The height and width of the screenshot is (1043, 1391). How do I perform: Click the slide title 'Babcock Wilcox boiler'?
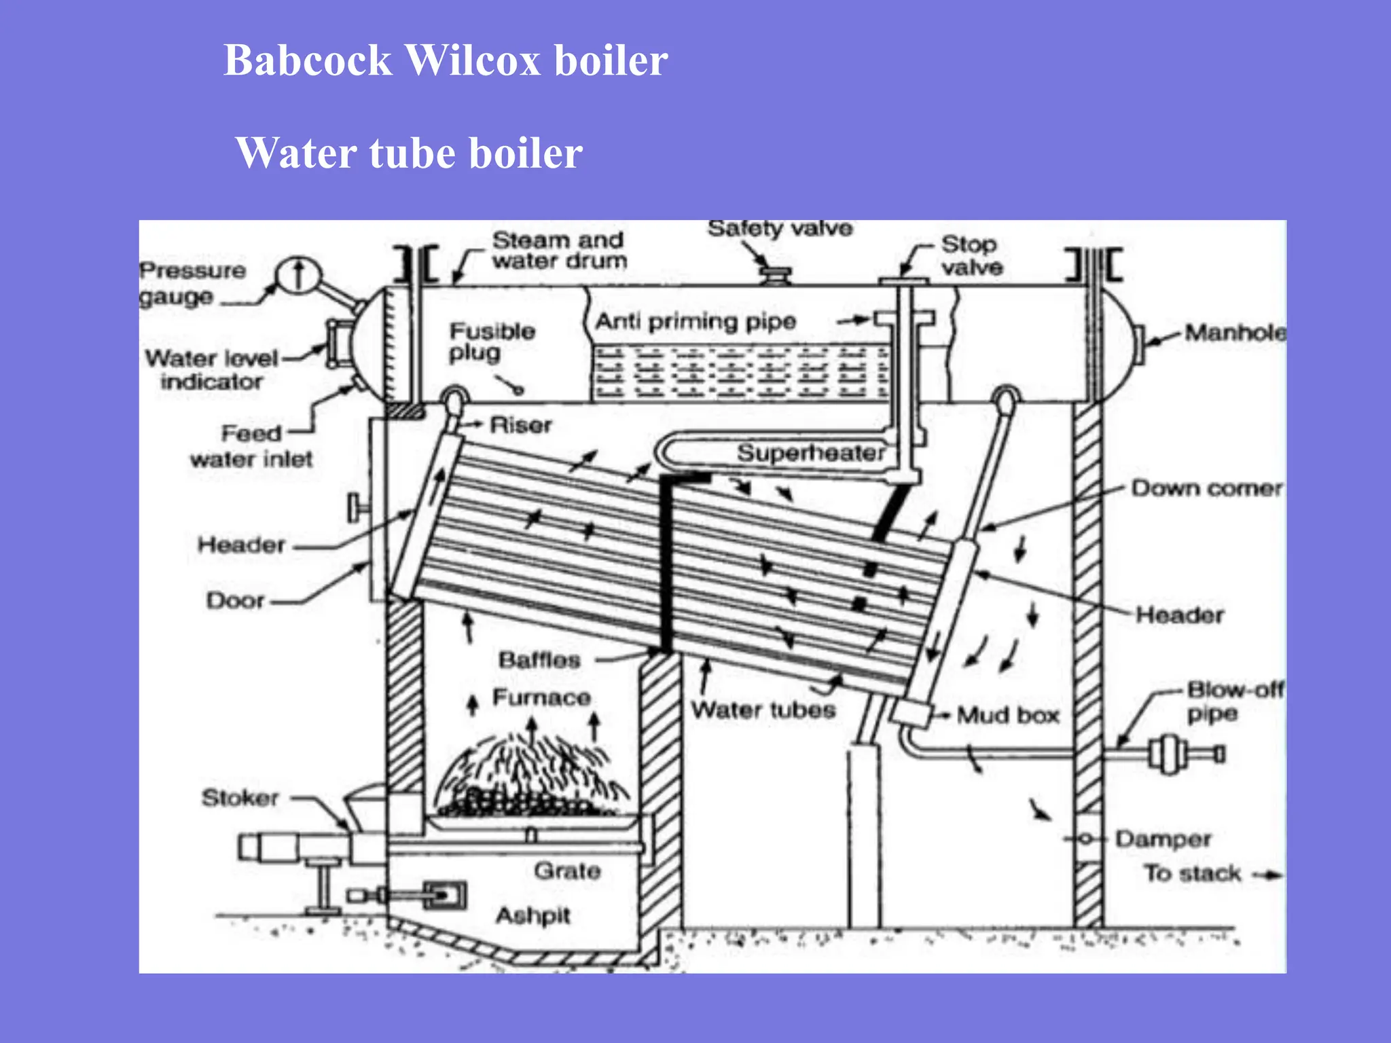446,60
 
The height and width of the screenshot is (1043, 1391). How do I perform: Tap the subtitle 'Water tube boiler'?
408,153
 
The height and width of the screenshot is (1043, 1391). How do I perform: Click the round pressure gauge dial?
298,276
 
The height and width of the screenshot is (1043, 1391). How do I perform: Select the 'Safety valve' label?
780,229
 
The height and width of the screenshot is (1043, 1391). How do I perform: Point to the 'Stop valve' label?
971,256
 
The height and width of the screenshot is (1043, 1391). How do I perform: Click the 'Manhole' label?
1234,333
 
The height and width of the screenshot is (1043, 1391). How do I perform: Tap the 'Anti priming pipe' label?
695,321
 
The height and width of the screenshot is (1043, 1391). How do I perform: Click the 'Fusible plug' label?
492,342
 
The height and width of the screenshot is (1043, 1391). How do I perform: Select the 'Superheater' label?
811,453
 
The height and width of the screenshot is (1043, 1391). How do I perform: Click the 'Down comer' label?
1206,488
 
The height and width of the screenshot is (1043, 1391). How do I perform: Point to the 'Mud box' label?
1008,715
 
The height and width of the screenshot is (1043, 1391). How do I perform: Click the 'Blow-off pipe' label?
1233,701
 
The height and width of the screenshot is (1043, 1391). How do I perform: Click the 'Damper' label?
1163,839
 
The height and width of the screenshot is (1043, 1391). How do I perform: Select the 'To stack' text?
1192,873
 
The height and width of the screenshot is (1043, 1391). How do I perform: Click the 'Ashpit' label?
533,915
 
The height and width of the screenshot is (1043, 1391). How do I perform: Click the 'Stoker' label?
240,798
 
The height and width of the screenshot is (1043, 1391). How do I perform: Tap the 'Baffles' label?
539,660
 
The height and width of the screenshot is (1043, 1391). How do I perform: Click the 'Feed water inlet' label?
251,446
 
